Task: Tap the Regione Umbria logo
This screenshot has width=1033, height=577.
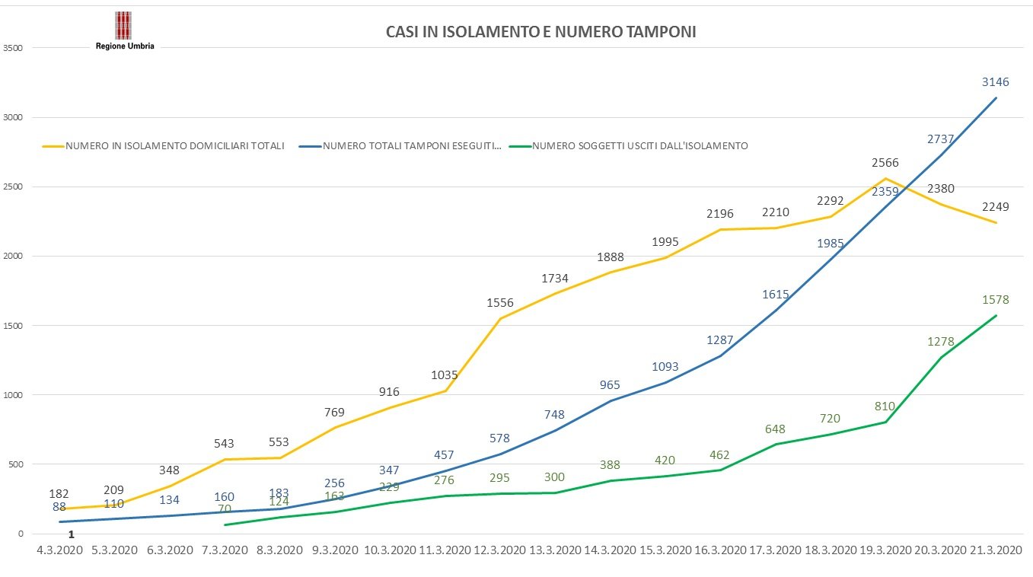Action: click(x=124, y=30)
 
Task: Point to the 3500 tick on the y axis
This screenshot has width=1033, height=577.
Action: click(x=14, y=48)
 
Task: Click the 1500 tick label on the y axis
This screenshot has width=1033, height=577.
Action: click(x=14, y=326)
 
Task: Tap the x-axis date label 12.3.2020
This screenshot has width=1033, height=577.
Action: click(x=499, y=550)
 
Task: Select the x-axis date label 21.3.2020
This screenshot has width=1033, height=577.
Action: click(x=995, y=550)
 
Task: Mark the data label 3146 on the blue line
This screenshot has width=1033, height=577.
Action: click(x=995, y=81)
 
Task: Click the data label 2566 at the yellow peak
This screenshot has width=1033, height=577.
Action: click(x=886, y=164)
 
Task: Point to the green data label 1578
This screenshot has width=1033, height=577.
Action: click(x=995, y=300)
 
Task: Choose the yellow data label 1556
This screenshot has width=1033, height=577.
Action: click(x=500, y=303)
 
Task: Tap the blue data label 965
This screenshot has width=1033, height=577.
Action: click(x=610, y=385)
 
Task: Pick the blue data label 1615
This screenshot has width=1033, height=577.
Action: click(x=775, y=294)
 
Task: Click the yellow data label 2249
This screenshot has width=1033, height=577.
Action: click(x=996, y=206)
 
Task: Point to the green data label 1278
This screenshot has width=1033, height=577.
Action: click(x=940, y=342)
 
